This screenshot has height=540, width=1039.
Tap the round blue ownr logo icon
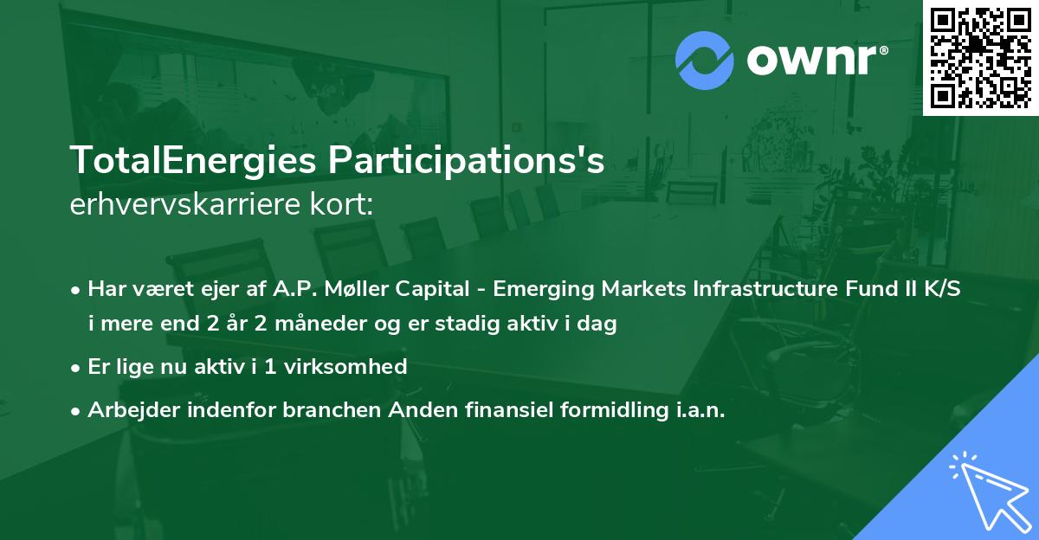pos(705,60)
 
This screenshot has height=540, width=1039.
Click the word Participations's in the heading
pos(459,162)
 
